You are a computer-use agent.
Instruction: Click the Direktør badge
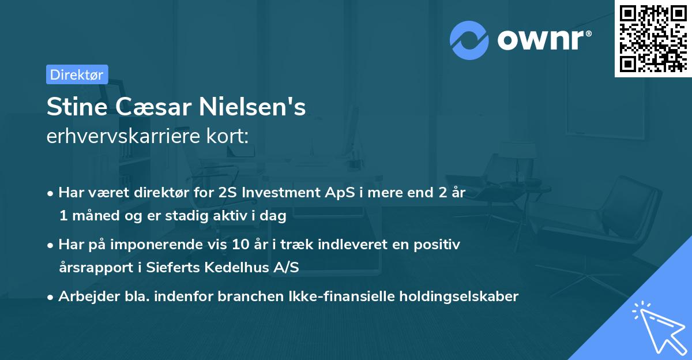(x=77, y=74)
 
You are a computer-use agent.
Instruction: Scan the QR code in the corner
(x=653, y=38)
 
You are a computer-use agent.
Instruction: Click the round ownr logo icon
(x=469, y=40)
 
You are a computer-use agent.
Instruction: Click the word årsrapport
(x=92, y=266)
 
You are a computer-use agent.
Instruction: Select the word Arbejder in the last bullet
(x=84, y=297)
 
